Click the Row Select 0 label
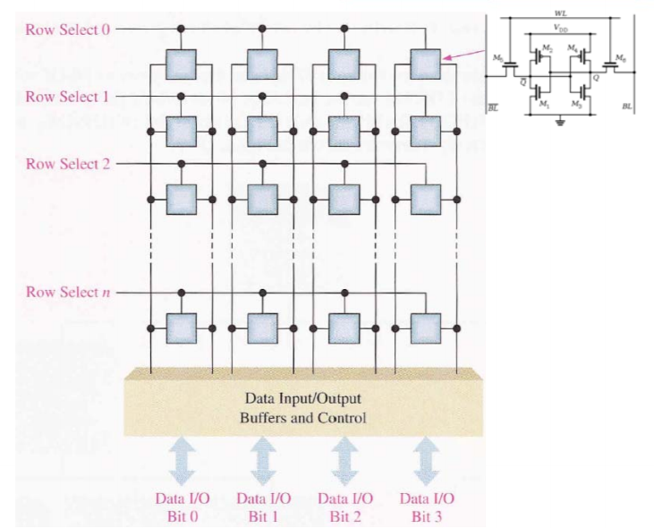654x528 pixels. coord(68,30)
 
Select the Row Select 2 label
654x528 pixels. coord(68,164)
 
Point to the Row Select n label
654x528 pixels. coord(68,293)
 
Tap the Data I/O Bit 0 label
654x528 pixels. coord(182,506)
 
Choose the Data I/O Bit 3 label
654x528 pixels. coord(426,506)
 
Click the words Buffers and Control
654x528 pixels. coord(303,418)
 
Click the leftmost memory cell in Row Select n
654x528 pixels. coord(182,328)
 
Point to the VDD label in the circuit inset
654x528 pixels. coord(561,30)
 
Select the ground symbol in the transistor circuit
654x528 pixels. coord(561,122)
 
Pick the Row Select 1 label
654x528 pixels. coord(68,96)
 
